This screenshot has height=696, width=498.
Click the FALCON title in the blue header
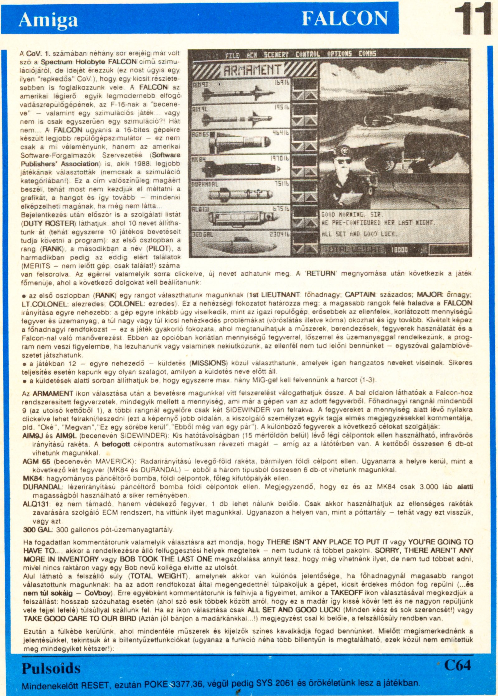pyautogui.click(x=345, y=18)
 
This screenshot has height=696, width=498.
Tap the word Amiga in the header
pyautogui.click(x=48, y=20)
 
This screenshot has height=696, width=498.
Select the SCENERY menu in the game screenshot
pyautogui.click(x=276, y=55)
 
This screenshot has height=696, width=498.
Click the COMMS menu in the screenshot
pyautogui.click(x=367, y=54)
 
